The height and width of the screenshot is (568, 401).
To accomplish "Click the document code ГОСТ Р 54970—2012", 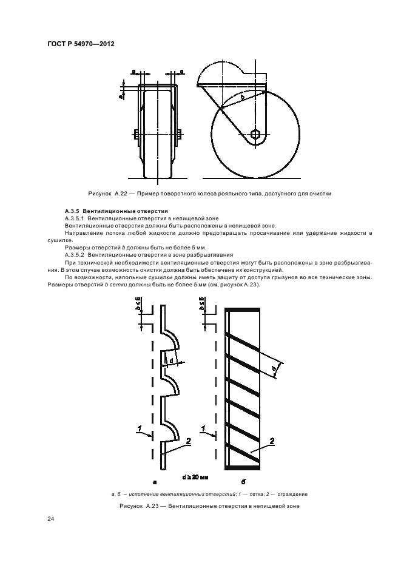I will tap(81, 44).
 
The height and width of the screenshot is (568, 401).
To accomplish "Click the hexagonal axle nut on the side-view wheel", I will tap(256, 135).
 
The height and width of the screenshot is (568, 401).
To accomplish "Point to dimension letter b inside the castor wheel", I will tap(243, 97).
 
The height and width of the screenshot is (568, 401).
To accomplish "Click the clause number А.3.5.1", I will tap(75, 217).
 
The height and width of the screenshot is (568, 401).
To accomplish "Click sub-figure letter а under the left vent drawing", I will tap(155, 482).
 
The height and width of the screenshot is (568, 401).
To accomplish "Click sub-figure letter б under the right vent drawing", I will tap(242, 482).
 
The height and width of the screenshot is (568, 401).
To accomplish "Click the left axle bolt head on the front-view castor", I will tap(135, 134).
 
